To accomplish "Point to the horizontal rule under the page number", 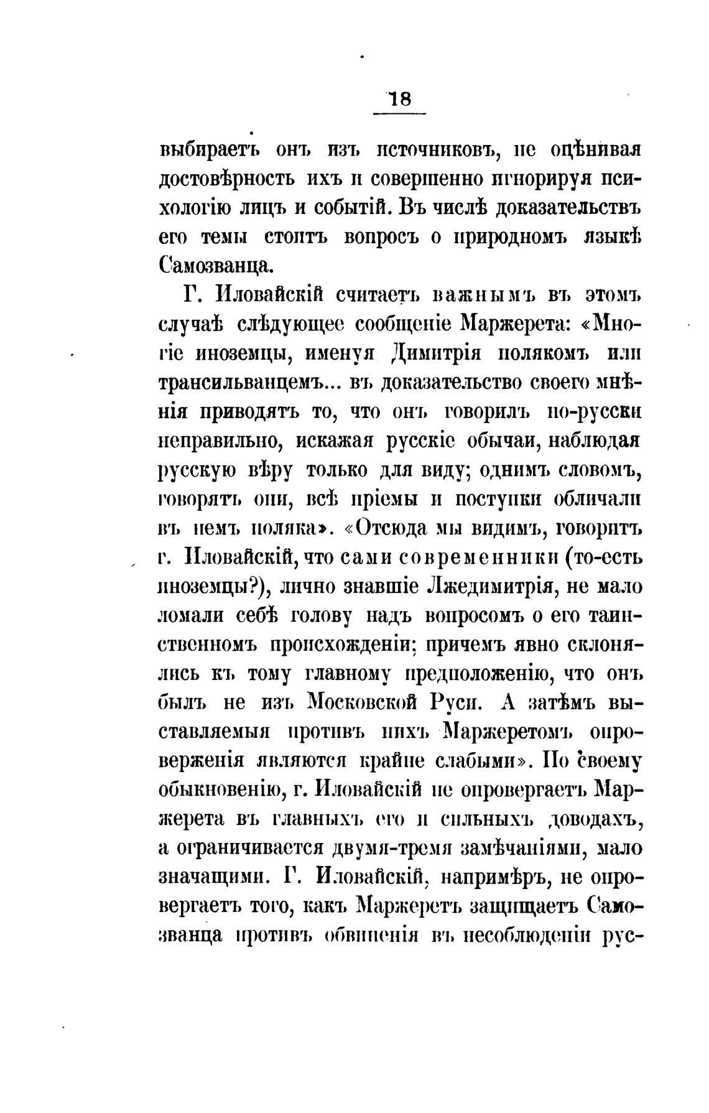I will [x=399, y=114].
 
